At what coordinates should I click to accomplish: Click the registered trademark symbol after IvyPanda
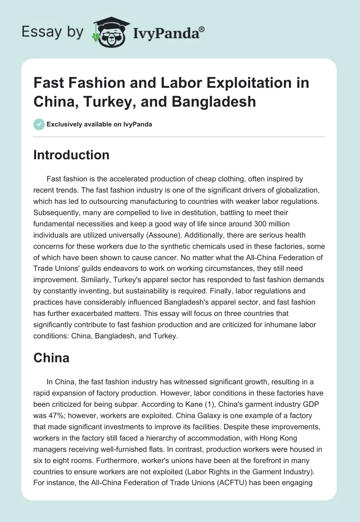pyautogui.click(x=202, y=29)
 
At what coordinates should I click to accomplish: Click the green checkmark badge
pyautogui.click(x=39, y=124)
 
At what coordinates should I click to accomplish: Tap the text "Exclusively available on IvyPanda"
pyautogui.click(x=99, y=124)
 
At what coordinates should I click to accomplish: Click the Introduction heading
pyautogui.click(x=71, y=155)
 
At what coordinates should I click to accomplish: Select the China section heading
pyautogui.click(x=51, y=358)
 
